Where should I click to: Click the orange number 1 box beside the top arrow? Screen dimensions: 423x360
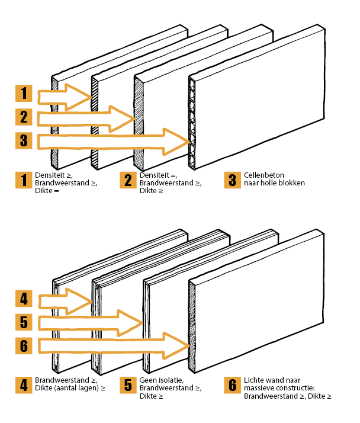tap(24, 94)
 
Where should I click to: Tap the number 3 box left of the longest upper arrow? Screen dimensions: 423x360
tap(24, 141)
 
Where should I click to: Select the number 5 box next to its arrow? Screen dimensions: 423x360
tap(24, 322)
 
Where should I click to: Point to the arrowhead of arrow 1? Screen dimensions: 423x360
tap(78, 96)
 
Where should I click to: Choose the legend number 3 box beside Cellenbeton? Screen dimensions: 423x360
tap(232, 180)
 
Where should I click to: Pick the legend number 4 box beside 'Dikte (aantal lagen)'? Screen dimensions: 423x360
tap(24, 385)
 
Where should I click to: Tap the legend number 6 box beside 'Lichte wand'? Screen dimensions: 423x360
tap(232, 385)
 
